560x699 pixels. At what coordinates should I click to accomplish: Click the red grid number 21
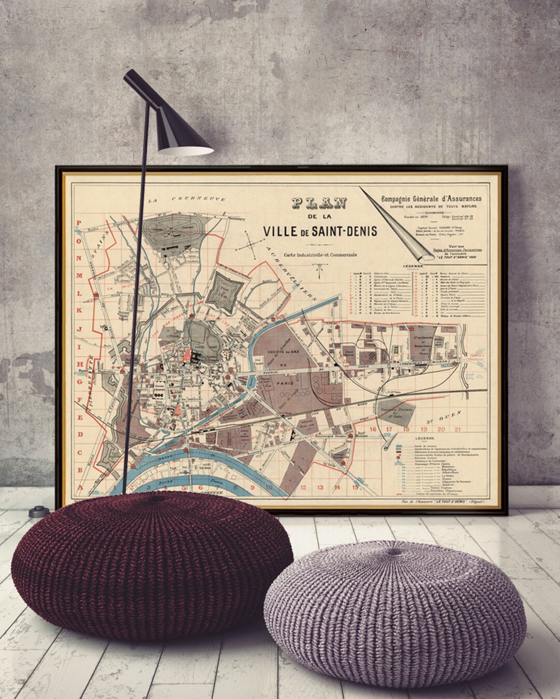pos(457,429)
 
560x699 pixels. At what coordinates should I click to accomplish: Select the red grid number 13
pos(320,487)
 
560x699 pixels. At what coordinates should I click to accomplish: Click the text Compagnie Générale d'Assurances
pos(431,198)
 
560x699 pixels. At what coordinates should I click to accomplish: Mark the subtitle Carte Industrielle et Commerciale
pos(319,253)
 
